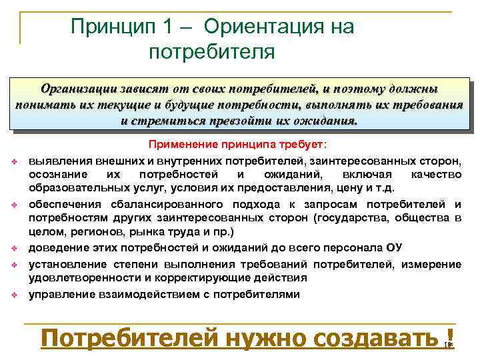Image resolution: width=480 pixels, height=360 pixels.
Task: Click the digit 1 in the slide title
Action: click(x=165, y=27)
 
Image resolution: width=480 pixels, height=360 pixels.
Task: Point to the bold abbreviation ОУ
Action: click(x=394, y=248)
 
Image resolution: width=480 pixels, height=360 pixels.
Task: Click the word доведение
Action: click(x=57, y=248)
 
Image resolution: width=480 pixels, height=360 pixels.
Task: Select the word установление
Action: click(x=65, y=264)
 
